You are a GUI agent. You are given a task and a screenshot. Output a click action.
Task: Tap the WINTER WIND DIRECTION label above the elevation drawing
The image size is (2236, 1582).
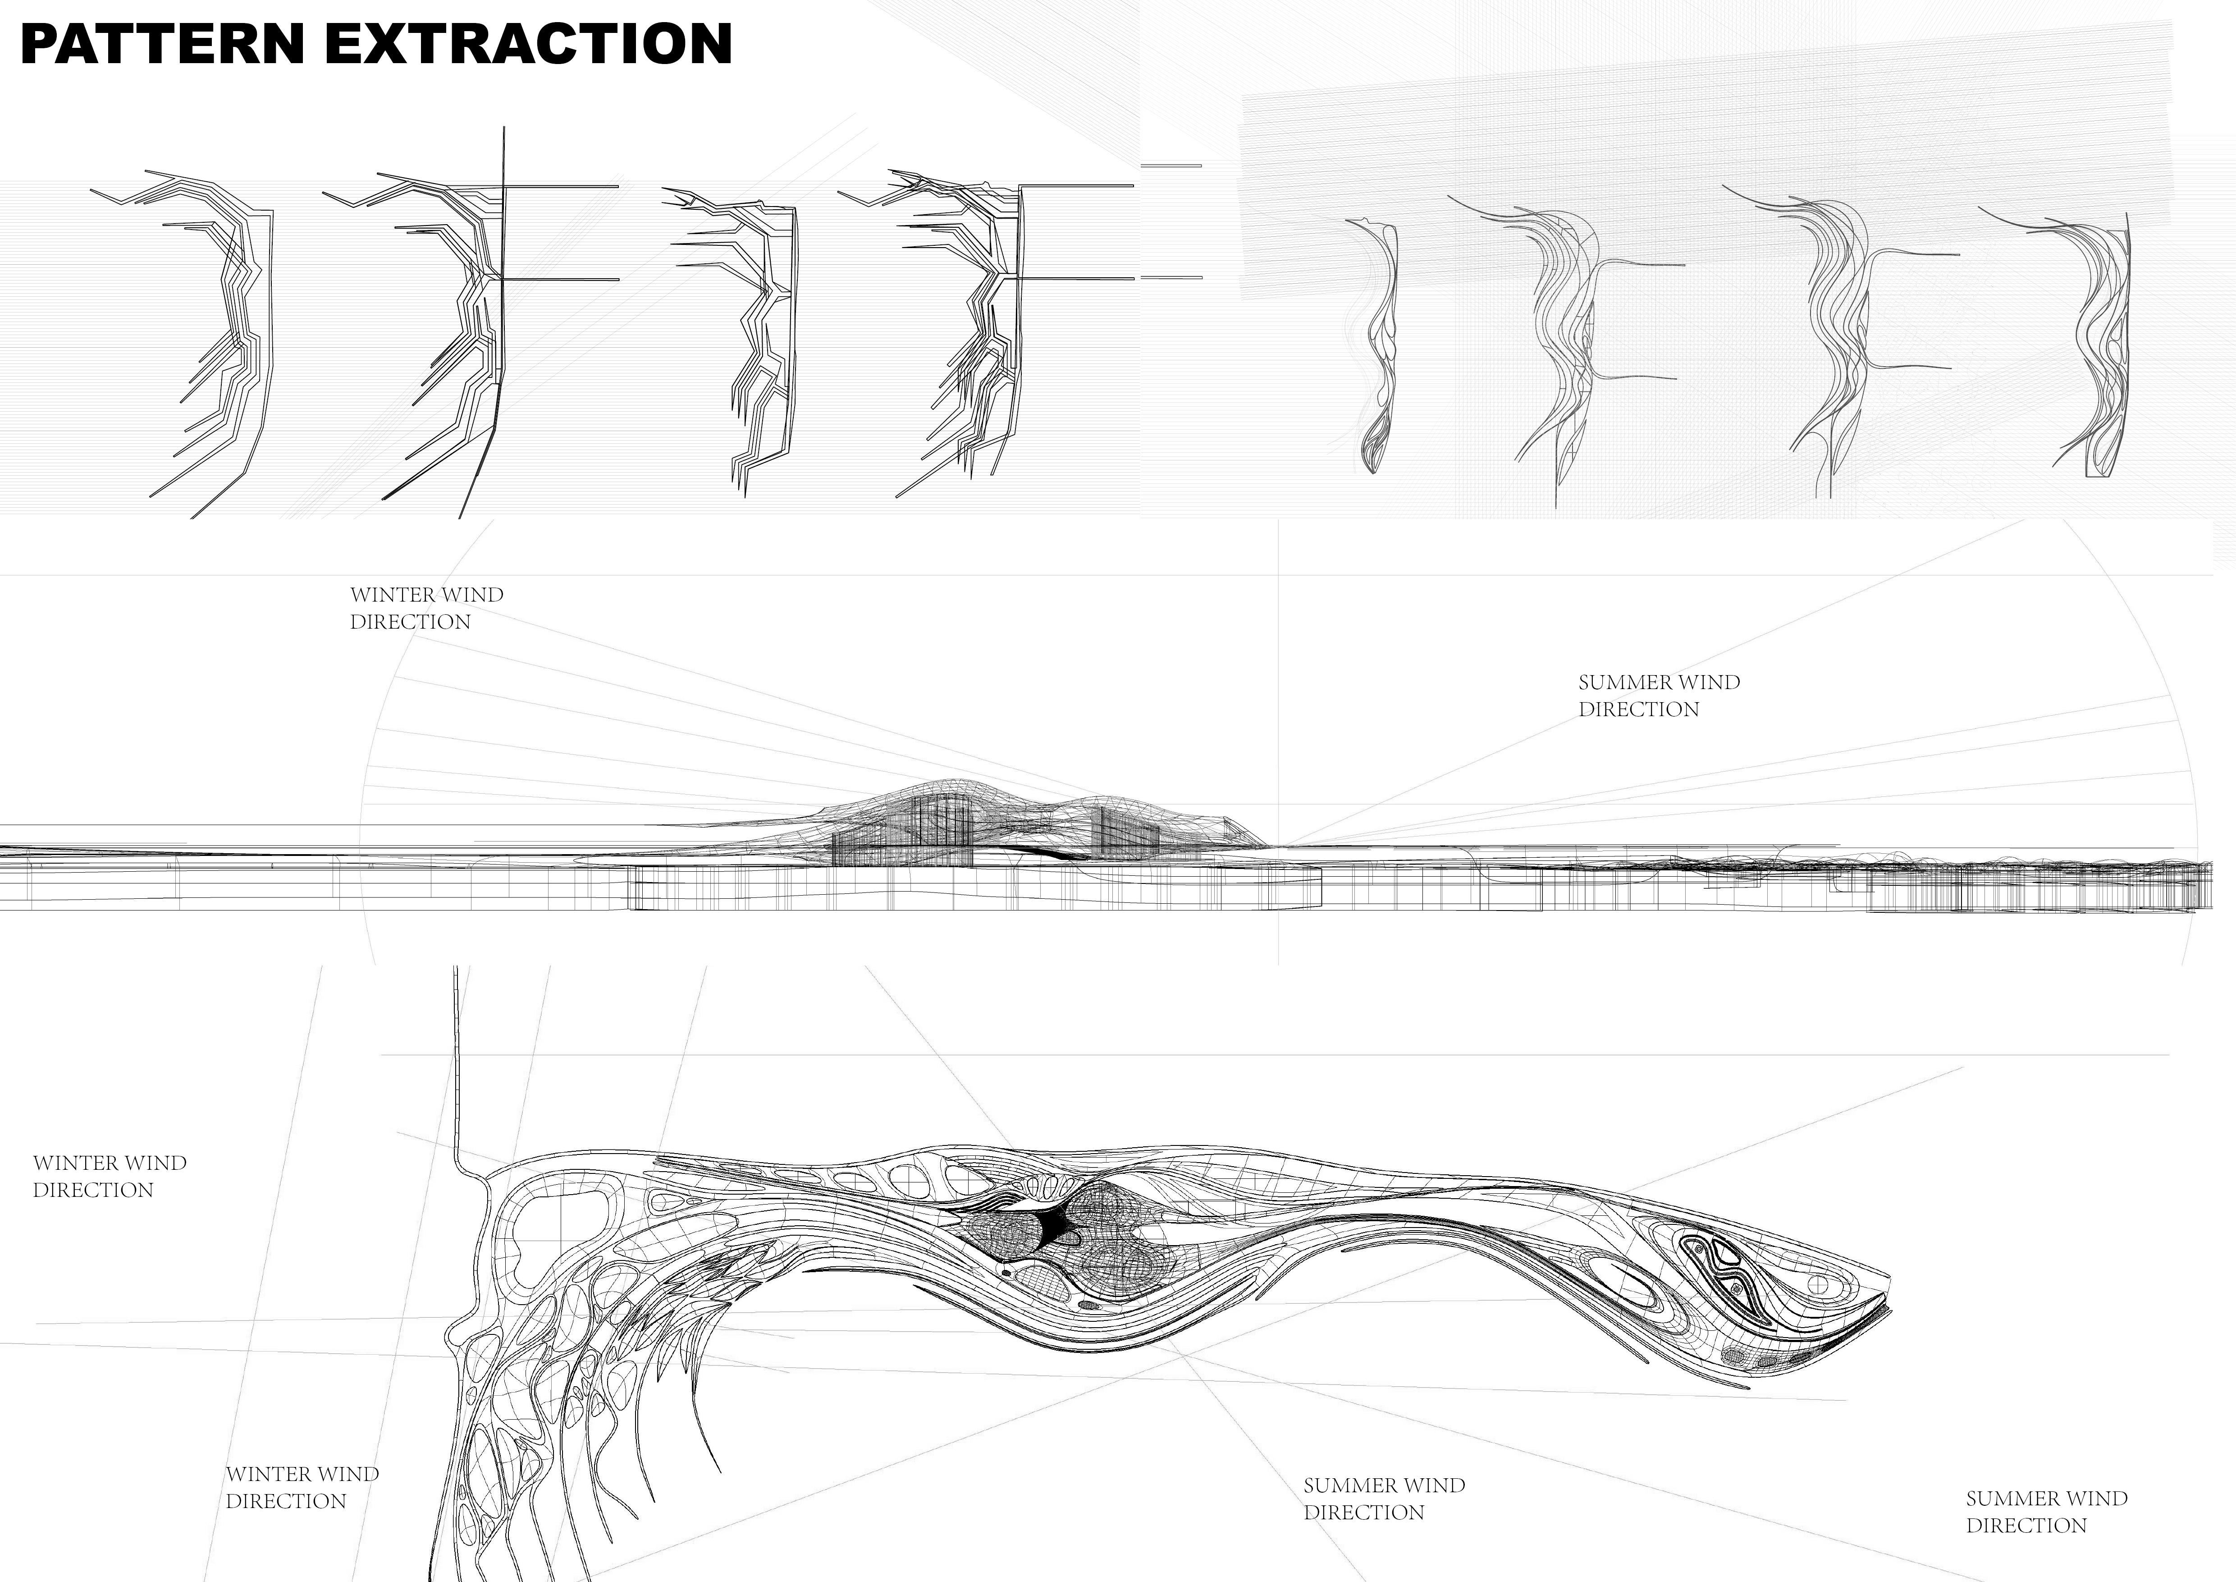[x=426, y=608]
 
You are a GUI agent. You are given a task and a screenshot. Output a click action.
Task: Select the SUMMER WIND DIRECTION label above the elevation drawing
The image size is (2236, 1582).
[x=1659, y=695]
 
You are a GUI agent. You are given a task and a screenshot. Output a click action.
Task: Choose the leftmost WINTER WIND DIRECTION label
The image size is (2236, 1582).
[x=109, y=1176]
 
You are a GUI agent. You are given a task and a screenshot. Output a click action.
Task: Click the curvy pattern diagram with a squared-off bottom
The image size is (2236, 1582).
[x=2099, y=351]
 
